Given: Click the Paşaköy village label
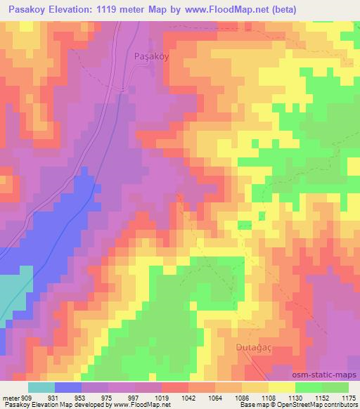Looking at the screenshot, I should click(x=150, y=58).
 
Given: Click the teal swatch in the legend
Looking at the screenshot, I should click(x=41, y=387).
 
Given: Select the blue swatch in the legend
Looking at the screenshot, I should click(x=67, y=387).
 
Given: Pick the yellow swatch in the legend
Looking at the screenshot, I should click(x=281, y=387).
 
